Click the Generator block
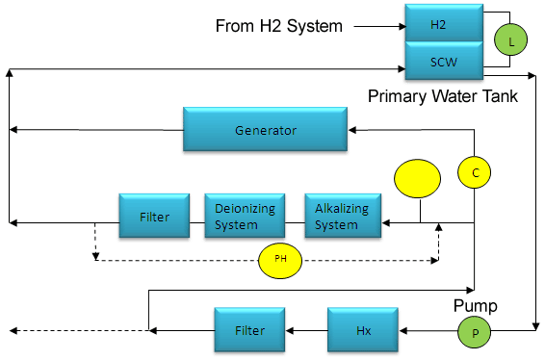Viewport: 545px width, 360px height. [x=267, y=129]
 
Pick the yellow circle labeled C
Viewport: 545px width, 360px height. [x=475, y=173]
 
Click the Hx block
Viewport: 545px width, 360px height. [x=361, y=329]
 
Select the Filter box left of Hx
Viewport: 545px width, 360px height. [x=252, y=329]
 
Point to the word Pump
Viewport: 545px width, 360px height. [x=477, y=306]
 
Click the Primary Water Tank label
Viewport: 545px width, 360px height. [x=442, y=96]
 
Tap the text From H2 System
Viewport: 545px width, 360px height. [x=278, y=26]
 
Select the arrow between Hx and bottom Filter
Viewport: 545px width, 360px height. [x=308, y=330]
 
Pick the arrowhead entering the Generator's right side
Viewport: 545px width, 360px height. [x=355, y=129]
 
